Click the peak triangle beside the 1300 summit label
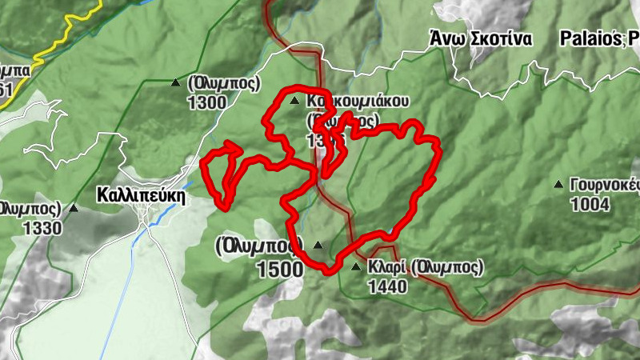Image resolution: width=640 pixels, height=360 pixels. [x=175, y=82]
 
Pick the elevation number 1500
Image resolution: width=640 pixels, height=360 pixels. [x=280, y=269]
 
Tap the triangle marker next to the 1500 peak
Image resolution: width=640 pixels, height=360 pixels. [x=318, y=245]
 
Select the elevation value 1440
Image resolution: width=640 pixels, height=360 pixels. [x=387, y=285]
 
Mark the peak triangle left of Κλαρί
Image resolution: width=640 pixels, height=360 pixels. [x=356, y=266]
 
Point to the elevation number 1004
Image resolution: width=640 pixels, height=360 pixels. [x=590, y=204]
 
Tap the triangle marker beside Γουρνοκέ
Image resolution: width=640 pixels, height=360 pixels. [x=558, y=184]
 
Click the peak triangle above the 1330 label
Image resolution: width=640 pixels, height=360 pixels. [x=74, y=208]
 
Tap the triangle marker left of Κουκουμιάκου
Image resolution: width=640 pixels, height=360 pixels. [x=294, y=101]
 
